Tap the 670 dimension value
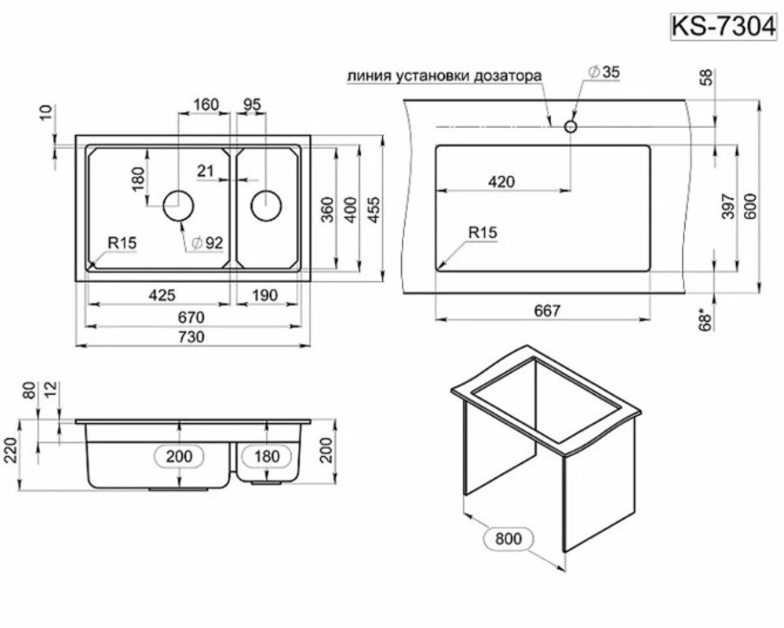(x=193, y=317)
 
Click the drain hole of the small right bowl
(x=266, y=206)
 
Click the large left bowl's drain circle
(x=178, y=206)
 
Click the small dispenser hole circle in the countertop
(x=571, y=126)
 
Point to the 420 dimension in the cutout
(x=501, y=182)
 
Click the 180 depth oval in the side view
(x=268, y=455)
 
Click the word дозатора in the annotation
(x=506, y=77)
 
